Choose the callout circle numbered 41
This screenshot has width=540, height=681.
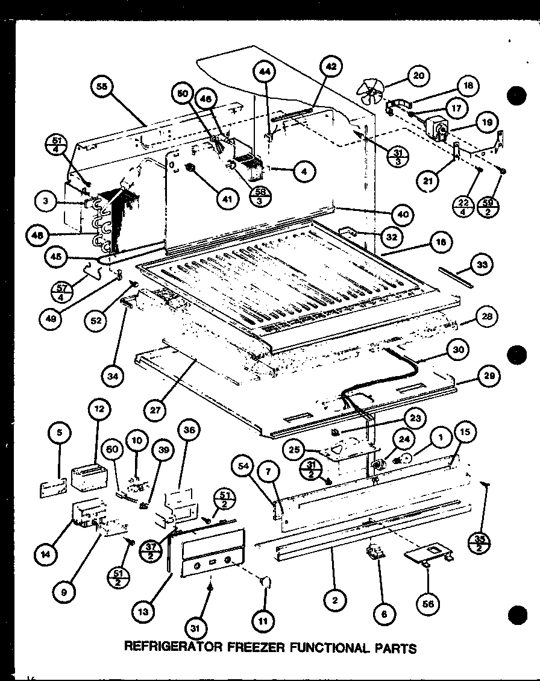(227, 199)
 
